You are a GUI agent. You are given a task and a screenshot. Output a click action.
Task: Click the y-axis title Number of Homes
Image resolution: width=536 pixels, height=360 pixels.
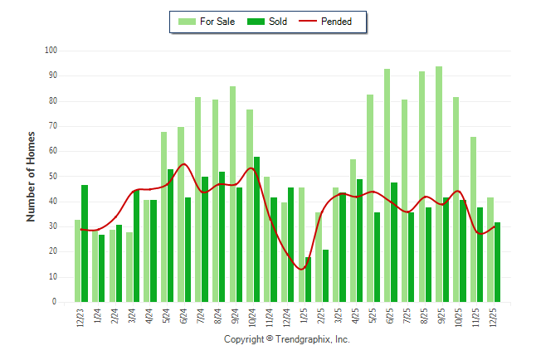31,176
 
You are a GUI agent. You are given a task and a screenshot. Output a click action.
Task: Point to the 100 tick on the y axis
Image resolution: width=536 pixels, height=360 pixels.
51,51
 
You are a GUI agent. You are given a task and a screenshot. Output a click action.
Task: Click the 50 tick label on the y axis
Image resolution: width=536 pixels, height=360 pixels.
51,177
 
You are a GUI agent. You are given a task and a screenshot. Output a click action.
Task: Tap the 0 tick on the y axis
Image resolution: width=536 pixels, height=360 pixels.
54,302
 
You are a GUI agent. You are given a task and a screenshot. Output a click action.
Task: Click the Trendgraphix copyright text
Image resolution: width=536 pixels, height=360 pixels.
287,340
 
